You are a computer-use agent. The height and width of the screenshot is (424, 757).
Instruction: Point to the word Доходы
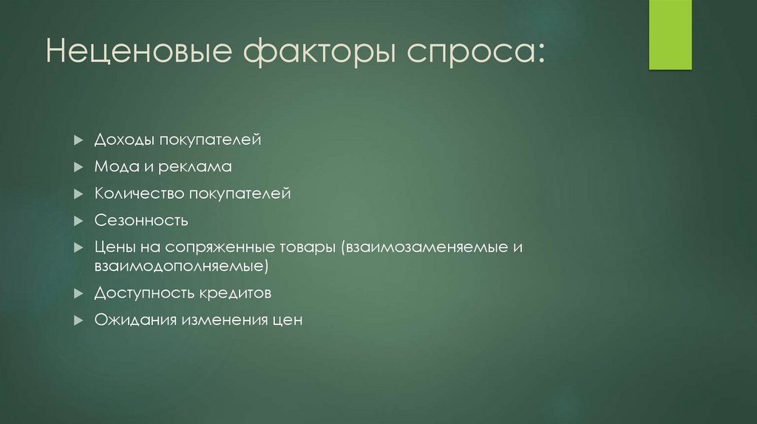120,140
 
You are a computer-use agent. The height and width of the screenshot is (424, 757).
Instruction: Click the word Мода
113,167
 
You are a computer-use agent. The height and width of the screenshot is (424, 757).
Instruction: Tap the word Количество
140,194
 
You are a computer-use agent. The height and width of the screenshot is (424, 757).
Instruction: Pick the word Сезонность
141,220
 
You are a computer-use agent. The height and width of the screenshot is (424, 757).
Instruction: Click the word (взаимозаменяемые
421,247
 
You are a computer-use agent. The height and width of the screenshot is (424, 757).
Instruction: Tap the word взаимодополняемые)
180,265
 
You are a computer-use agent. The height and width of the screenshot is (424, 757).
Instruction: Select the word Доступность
143,293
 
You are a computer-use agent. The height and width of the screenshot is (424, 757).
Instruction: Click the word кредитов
234,293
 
